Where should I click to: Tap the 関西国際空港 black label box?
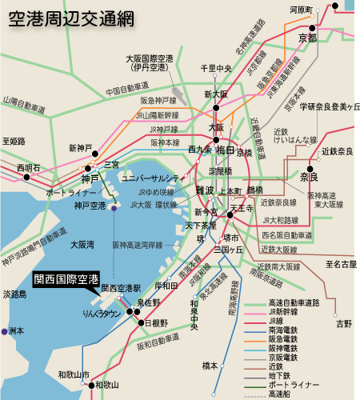[66, 279]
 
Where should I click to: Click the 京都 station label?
[307, 38]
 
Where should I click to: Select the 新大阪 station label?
[217, 94]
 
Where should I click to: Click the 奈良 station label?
[310, 176]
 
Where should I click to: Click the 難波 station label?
[205, 190]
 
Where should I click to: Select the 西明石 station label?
[28, 168]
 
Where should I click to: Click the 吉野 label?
[344, 323]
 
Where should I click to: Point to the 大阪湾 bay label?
[82, 244]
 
